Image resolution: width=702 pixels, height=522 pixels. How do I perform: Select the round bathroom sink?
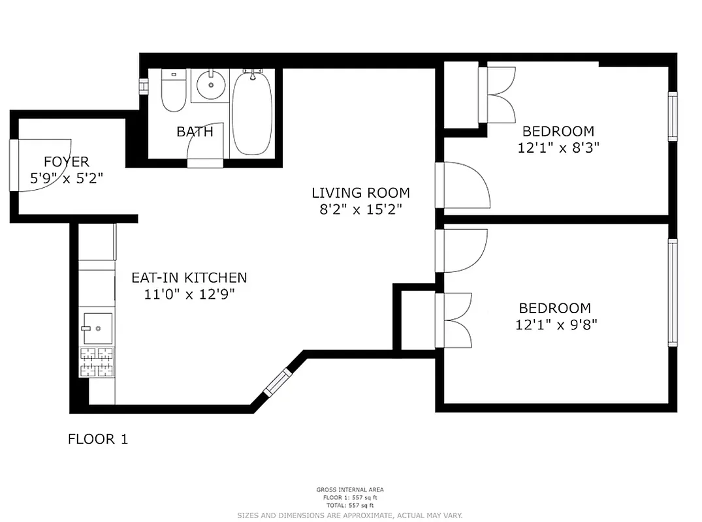tap(210, 85)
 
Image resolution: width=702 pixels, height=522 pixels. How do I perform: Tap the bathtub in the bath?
tap(252, 114)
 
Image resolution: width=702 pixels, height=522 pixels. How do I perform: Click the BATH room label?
tap(195, 132)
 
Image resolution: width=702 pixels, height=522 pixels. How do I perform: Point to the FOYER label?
tap(66, 162)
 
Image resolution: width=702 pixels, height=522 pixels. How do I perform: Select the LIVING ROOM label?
tap(360, 193)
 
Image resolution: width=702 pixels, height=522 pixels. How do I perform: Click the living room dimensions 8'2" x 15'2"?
tap(360, 209)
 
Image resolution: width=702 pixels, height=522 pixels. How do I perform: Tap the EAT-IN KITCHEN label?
tap(189, 278)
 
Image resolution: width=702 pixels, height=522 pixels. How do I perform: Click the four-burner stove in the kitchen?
tap(97, 363)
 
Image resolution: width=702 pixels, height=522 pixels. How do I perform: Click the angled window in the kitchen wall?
tap(277, 382)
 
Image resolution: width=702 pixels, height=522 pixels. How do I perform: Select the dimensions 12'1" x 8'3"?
tap(558, 148)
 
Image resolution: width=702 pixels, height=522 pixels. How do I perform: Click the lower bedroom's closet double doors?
tap(457, 320)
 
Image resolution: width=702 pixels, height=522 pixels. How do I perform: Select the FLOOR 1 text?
tap(98, 439)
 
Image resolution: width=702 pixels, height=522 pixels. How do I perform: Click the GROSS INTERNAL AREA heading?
tap(350, 490)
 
